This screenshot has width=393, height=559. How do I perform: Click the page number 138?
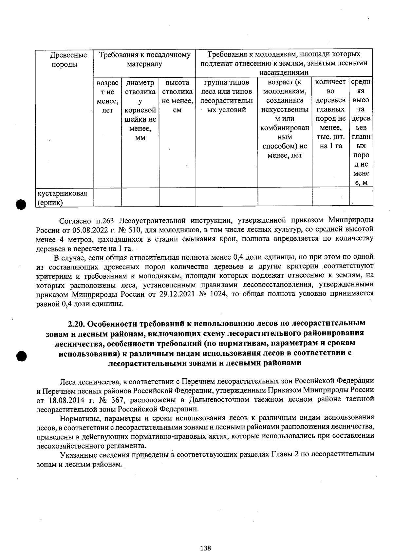205,548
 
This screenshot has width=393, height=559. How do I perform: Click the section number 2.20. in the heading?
77,324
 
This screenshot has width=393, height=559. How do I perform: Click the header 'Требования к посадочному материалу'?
144,59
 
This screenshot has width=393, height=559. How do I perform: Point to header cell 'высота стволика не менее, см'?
177,96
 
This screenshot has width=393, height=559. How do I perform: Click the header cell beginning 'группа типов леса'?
226,96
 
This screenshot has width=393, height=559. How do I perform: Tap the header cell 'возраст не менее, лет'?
107,96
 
